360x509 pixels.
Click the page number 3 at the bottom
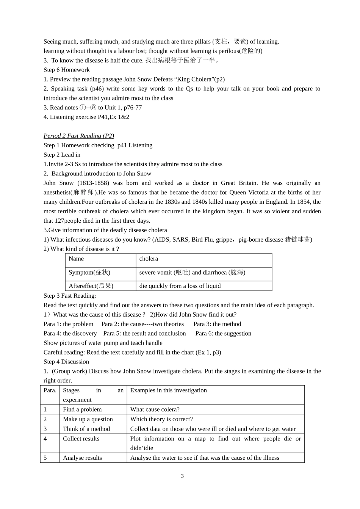[182, 476]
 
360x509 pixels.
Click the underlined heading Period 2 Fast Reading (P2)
[79, 136]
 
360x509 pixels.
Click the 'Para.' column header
[50, 390]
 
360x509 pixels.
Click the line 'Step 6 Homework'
[67, 70]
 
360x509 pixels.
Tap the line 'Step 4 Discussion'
[66, 362]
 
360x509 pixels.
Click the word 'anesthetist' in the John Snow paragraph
[57, 192]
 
